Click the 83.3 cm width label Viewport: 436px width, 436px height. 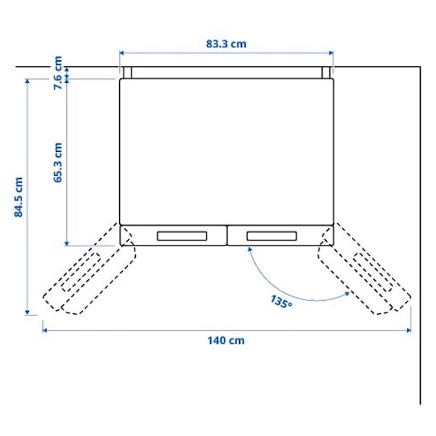point(226,44)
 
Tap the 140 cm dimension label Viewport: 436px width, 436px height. point(226,340)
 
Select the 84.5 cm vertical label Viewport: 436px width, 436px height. point(20,198)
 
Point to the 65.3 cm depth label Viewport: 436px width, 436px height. point(58,163)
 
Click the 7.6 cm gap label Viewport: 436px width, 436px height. point(58,73)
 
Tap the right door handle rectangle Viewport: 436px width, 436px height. point(271,235)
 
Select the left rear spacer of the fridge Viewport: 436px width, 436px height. point(126,73)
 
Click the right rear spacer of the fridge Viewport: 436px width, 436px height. point(326,73)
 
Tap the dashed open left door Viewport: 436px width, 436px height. point(87,277)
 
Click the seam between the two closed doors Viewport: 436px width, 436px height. point(226,234)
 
